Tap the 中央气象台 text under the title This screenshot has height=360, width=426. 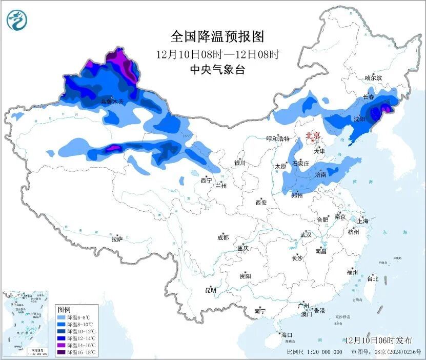coord(217,70)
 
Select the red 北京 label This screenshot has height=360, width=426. coord(313,136)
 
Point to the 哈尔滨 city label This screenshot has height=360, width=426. coord(373,78)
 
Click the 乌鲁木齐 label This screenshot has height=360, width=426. coord(112,102)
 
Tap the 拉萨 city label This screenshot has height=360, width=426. coord(117,239)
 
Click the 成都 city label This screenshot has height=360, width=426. coord(223,237)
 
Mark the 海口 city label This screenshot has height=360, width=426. coord(287,335)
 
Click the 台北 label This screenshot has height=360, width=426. coord(372,279)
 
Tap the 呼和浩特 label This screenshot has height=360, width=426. coord(278,139)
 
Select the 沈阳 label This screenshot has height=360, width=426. coord(359,119)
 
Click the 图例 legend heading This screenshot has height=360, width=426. coord(64,310)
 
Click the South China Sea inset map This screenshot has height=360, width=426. coord(25,323)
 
